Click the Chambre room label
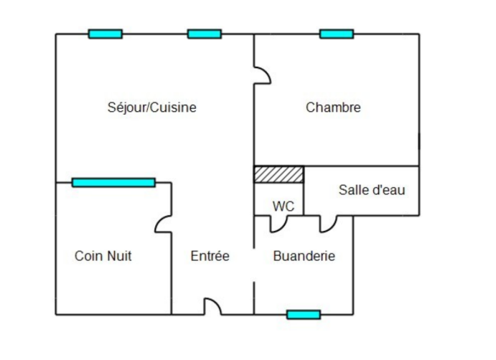333,108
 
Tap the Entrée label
210,256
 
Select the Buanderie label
304,256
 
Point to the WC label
284,207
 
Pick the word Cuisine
174,108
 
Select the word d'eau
390,190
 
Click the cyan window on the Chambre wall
337,34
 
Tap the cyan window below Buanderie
304,314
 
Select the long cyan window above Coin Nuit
113,183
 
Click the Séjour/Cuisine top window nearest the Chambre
205,34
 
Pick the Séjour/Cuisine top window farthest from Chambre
106,34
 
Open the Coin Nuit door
163,224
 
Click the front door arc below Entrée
212,307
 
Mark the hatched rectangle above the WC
279,174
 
